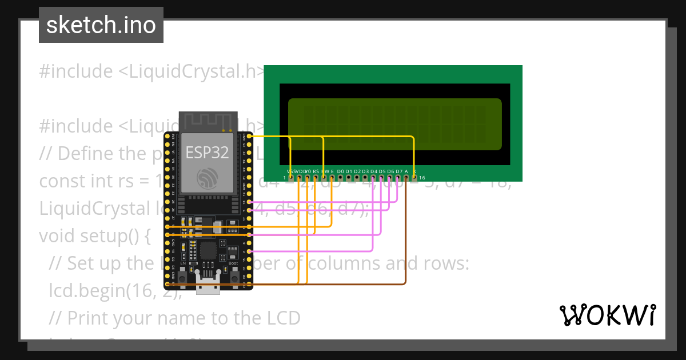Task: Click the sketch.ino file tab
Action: [x=101, y=25]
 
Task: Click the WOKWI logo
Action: [x=607, y=315]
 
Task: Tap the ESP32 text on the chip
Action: [x=208, y=153]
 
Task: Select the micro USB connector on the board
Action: [x=208, y=285]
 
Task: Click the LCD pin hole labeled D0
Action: [x=340, y=178]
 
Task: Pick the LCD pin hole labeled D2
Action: [x=357, y=178]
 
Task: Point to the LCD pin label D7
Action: [x=398, y=171]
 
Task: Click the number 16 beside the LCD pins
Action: [x=422, y=178]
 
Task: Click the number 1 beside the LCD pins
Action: [x=284, y=178]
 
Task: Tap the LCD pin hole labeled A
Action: [x=406, y=178]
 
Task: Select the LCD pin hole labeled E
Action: [x=332, y=178]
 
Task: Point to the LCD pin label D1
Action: [x=349, y=171]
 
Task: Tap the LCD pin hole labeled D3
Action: [x=365, y=178]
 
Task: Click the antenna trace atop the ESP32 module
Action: [x=208, y=121]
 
